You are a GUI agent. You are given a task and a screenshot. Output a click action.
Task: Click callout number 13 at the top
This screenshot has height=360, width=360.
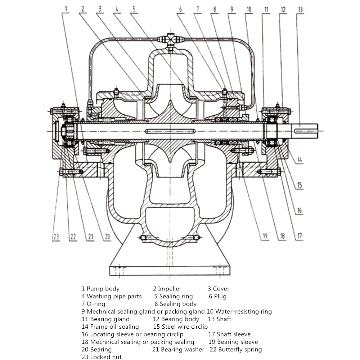coord(300,10)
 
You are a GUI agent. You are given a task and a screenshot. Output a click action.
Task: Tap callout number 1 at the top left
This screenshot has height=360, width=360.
coord(66,9)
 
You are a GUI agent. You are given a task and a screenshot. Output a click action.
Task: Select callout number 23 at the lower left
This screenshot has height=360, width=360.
coord(56,237)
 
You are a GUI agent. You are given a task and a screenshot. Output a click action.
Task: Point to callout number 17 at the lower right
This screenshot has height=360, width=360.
coord(300,236)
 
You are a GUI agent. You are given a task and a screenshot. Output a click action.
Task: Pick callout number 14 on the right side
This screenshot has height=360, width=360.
coord(300,159)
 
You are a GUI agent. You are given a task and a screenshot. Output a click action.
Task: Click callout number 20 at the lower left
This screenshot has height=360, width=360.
coord(108,237)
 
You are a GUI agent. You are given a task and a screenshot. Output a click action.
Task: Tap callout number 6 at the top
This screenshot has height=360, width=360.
coord(180,9)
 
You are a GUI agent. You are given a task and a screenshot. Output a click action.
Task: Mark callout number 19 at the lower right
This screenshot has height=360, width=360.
coord(265,236)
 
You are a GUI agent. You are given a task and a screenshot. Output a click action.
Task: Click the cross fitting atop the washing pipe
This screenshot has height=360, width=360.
coord(170,39)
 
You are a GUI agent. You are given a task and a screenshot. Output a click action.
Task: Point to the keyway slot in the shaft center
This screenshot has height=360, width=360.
coord(170,131)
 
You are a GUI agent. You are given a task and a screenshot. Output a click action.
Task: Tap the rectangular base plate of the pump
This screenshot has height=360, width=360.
coord(170,271)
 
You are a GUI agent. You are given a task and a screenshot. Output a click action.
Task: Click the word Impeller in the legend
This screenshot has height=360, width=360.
coord(170,289)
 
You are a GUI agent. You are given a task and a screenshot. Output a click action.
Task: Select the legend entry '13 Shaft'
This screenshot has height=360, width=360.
coord(220,319)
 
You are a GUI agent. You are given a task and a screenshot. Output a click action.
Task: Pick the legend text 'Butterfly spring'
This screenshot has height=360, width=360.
coord(240,350)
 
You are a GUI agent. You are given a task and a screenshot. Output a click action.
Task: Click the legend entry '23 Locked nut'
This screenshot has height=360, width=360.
coord(102,357)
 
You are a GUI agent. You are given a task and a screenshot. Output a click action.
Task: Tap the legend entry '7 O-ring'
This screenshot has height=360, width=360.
coord(93,304)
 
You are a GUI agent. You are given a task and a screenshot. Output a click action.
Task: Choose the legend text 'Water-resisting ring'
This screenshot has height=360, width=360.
coord(243,311)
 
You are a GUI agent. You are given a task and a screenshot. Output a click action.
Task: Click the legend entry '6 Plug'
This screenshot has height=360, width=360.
coord(218,296)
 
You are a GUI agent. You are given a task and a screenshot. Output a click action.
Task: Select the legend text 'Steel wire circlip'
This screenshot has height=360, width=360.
coord(185,327)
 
